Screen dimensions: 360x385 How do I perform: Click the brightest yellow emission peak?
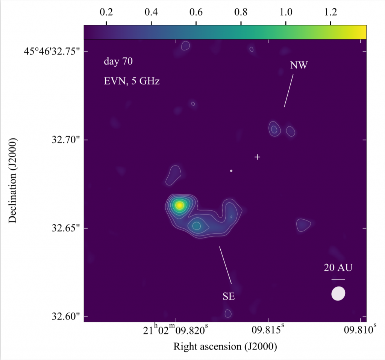tap(180, 205)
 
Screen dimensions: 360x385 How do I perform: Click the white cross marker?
tap(257, 157)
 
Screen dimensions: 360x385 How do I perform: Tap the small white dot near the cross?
tap(231, 171)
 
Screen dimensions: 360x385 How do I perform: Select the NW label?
tap(299, 65)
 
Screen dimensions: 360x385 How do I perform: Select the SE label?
tap(229, 296)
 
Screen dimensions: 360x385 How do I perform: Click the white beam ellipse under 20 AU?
tap(338, 294)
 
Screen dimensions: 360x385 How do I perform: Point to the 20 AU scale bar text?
tap(338, 268)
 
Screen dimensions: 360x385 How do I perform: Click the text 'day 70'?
tap(118, 62)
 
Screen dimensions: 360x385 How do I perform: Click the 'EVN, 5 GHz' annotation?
tap(132, 81)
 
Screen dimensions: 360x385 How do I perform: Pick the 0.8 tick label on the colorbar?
tap(241, 12)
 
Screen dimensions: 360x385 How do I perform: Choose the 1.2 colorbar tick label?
tap(330, 12)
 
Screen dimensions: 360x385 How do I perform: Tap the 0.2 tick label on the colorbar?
tap(106, 12)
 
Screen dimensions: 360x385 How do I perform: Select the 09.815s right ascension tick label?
tap(268, 330)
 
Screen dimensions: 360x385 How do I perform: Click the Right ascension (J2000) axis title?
tap(225, 346)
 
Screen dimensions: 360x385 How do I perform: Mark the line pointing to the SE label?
tap(225, 265)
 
